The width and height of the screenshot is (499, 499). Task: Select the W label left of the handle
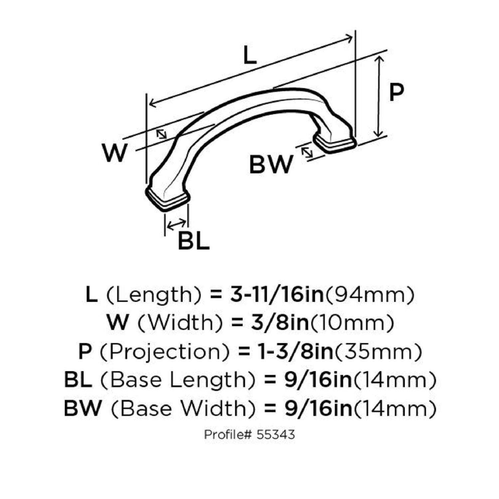pos(115,153)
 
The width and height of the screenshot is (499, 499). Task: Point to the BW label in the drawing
pos(271,165)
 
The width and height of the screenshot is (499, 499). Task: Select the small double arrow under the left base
pos(176,225)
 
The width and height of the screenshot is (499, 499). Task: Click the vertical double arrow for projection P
pos(379,96)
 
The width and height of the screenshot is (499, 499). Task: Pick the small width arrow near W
pos(162,134)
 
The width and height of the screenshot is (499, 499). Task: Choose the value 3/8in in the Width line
pos(280,323)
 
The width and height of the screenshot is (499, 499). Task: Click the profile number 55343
pos(276,434)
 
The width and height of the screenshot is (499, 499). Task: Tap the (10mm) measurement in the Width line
pos(352,323)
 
